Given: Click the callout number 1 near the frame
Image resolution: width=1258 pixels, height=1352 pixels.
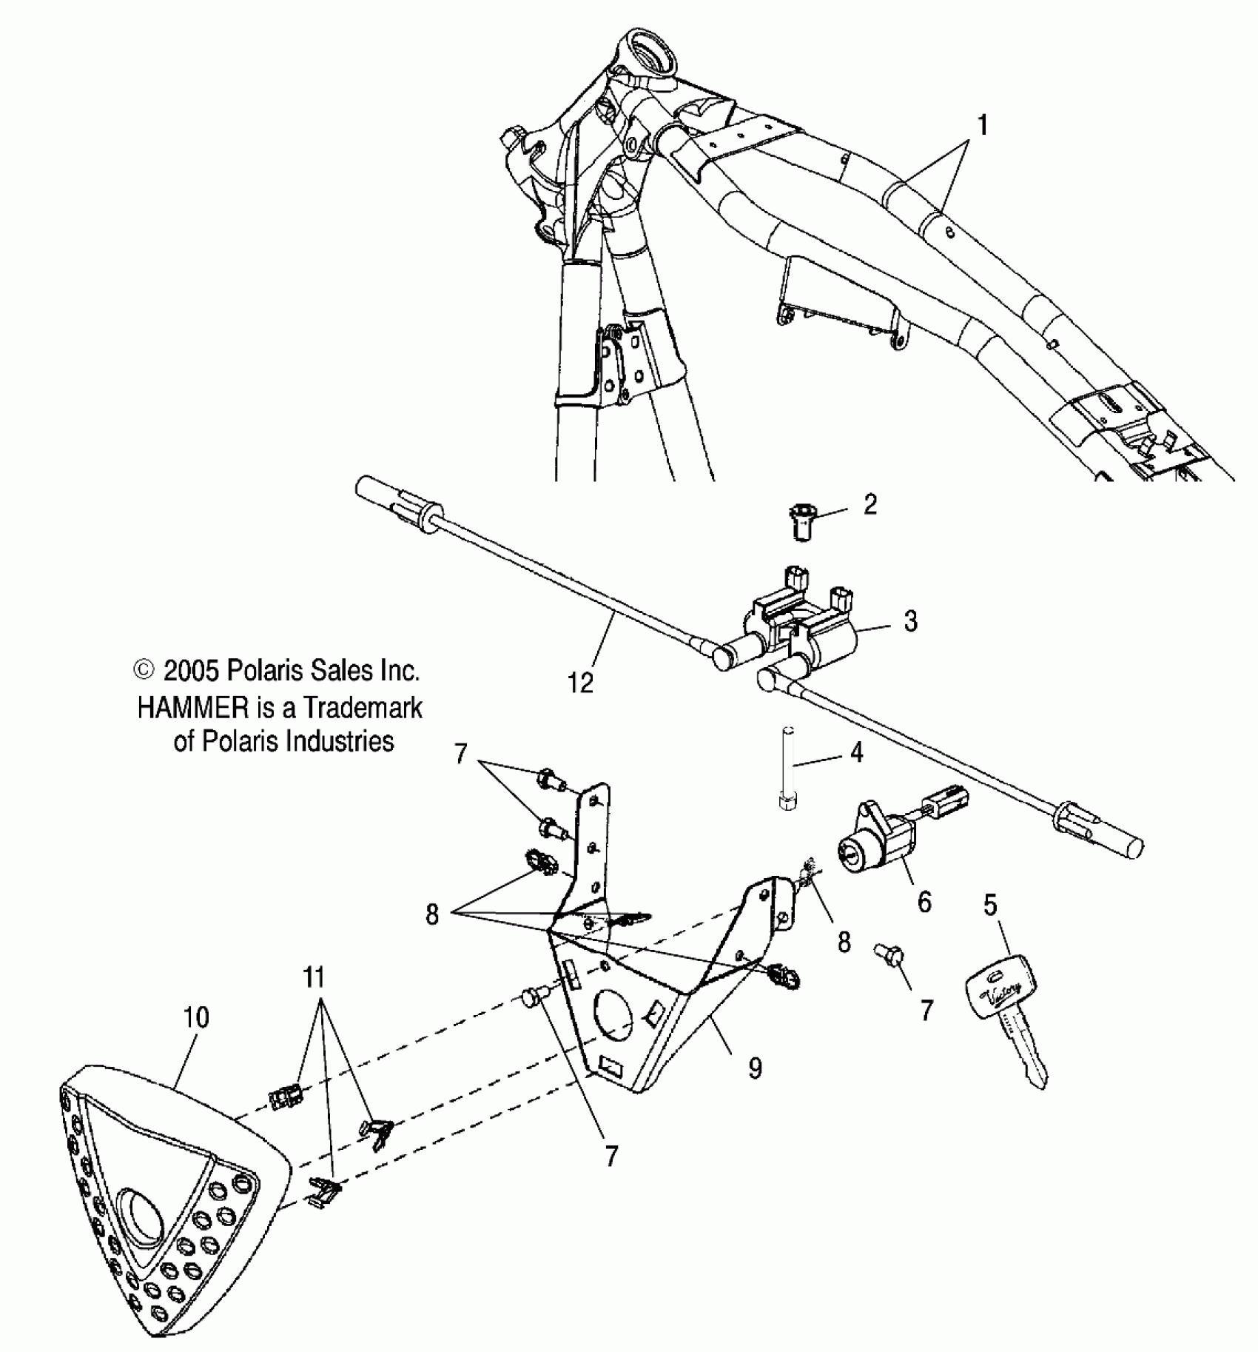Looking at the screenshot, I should click(982, 126).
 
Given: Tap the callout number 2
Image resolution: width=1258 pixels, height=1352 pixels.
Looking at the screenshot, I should click(870, 505).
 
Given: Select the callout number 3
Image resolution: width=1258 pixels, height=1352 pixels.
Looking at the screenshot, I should click(910, 620).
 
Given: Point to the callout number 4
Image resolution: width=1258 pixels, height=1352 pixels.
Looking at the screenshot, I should click(856, 753).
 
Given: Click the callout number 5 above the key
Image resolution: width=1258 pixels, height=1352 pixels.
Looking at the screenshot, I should click(990, 905).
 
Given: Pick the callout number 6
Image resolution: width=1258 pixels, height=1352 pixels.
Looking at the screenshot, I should click(924, 902).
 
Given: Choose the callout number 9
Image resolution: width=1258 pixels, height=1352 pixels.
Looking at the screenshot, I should click(755, 1068).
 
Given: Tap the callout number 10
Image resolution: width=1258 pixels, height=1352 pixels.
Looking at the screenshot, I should click(196, 1017).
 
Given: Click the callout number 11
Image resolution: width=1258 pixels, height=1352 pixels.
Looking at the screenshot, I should click(314, 977).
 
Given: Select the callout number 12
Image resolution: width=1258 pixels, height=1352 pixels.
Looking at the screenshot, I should click(581, 683).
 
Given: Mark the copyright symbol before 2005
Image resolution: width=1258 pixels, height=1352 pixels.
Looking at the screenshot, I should click(144, 671).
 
